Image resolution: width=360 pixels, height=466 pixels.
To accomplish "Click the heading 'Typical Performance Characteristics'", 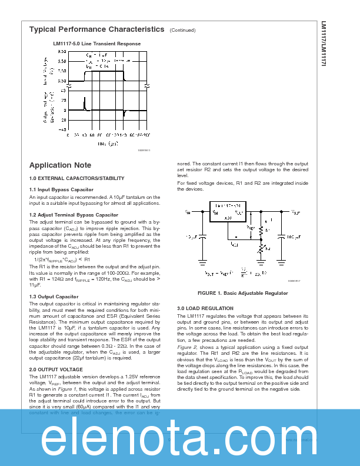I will click(96, 29).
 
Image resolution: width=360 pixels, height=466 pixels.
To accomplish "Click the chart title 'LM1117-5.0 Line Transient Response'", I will click(96, 44).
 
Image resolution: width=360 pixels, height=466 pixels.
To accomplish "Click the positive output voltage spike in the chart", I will click(84, 105).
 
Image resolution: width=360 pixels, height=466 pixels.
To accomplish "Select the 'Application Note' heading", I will click(60, 165).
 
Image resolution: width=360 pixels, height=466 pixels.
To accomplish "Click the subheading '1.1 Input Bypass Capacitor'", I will click(61, 189).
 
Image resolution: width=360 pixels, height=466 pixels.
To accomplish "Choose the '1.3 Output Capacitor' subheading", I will click(54, 297).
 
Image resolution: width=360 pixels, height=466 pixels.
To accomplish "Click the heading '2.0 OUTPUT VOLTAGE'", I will click(56, 369).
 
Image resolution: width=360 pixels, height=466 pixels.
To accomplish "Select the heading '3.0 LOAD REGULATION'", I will click(205, 308).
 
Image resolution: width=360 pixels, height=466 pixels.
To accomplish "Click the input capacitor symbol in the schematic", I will click(202, 237).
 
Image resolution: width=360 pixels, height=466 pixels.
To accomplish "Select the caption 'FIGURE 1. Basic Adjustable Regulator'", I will click(234, 292).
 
